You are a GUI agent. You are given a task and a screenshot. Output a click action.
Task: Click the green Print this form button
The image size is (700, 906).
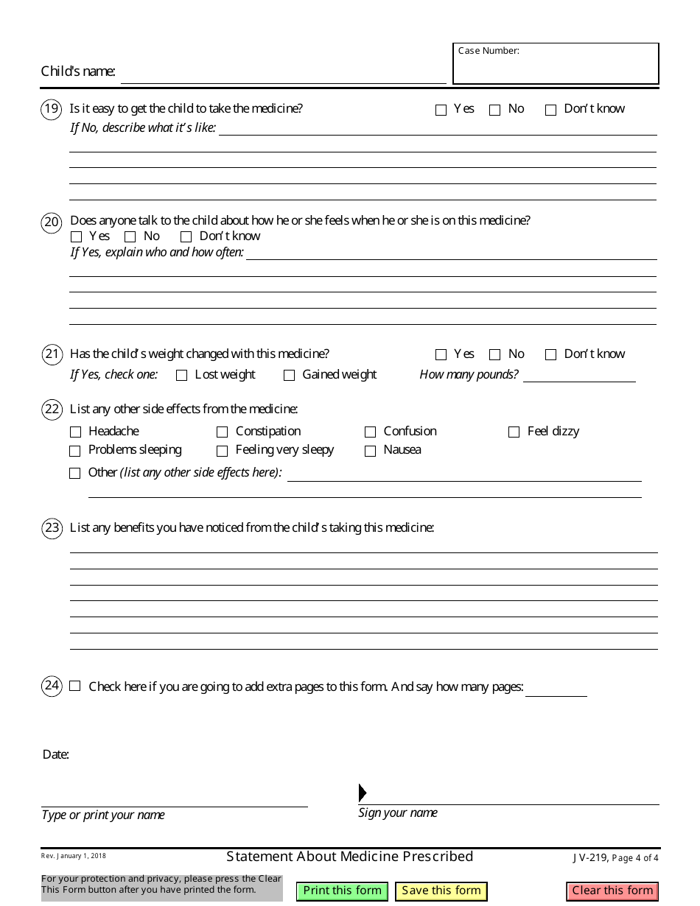pyautogui.click(x=343, y=891)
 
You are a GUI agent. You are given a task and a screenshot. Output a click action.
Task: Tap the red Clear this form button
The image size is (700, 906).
pyautogui.click(x=612, y=891)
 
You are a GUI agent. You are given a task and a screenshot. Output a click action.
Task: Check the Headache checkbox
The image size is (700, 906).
pyautogui.click(x=75, y=432)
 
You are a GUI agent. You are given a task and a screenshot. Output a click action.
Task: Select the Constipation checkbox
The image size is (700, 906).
pyautogui.click(x=222, y=432)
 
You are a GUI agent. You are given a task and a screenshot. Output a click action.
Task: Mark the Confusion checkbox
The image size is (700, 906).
pyautogui.click(x=370, y=432)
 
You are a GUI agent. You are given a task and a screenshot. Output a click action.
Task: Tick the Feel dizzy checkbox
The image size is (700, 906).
pyautogui.click(x=514, y=432)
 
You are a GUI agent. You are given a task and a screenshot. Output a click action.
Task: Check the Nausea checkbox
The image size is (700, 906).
pyautogui.click(x=370, y=451)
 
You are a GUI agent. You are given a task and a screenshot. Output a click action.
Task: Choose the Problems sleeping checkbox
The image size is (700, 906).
pyautogui.click(x=75, y=451)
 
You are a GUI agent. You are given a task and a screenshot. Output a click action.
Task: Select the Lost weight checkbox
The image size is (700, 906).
pyautogui.click(x=182, y=376)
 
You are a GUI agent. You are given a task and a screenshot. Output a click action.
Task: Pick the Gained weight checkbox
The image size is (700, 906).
pyautogui.click(x=289, y=376)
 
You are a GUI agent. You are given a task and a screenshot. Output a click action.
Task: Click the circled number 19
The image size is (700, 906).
pyautogui.click(x=52, y=110)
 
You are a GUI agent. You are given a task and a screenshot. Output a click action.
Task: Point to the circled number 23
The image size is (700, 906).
pyautogui.click(x=52, y=528)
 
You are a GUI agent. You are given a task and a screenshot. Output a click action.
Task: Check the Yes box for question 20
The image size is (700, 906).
pyautogui.click(x=76, y=237)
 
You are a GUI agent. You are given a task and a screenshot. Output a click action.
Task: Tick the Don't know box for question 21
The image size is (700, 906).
pyautogui.click(x=550, y=355)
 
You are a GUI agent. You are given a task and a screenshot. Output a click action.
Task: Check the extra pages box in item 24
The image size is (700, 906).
pyautogui.click(x=75, y=686)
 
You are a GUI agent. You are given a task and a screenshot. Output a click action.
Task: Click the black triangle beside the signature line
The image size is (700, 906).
pyautogui.click(x=362, y=793)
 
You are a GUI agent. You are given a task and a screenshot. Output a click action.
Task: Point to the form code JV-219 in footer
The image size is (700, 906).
pyautogui.click(x=589, y=857)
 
